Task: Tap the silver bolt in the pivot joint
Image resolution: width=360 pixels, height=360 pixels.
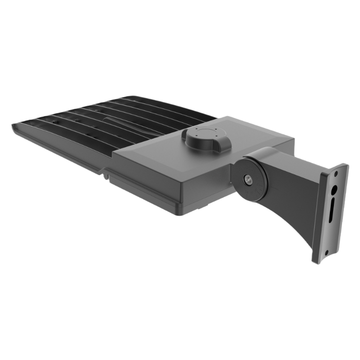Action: pos(247,178)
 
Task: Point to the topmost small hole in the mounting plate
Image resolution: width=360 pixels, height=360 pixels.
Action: pos(337,173)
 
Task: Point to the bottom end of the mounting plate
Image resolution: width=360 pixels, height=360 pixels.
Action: pos(315,262)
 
